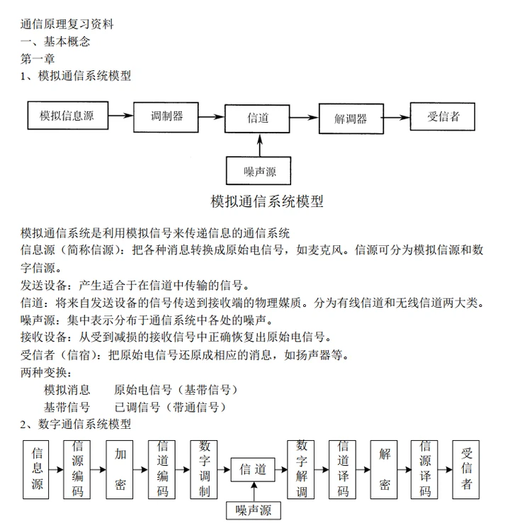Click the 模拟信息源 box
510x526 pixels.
68,116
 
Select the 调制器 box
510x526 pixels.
166,117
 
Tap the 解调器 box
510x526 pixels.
351,119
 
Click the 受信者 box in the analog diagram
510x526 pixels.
442,116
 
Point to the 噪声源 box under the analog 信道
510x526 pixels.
259,171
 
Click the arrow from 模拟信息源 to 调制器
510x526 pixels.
120,116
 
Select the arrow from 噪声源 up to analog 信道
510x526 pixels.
260,145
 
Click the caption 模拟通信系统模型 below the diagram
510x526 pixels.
267,201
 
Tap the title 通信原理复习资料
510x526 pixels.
67,24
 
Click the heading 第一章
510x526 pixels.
38,59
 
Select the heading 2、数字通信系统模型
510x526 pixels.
75,424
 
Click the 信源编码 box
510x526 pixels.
76,469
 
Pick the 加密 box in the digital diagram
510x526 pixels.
119,469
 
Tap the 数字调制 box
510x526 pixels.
204,469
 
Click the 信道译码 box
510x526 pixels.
342,469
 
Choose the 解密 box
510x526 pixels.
384,469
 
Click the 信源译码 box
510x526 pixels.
424,469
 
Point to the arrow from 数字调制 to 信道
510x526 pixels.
224,469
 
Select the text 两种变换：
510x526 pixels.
46,372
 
